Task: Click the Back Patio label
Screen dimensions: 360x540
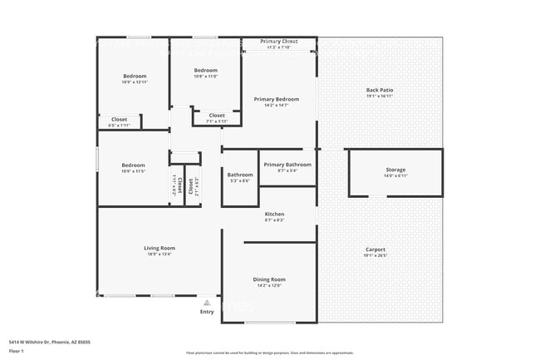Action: tap(380, 90)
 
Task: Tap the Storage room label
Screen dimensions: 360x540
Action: tap(395, 170)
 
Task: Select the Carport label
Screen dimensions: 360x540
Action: tap(376, 249)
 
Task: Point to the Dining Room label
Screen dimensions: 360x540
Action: tap(269, 279)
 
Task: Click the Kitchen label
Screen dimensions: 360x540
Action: tap(274, 215)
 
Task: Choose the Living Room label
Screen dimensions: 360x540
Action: tap(160, 248)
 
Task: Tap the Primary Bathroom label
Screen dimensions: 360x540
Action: tap(287, 165)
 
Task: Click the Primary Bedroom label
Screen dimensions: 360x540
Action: tap(277, 99)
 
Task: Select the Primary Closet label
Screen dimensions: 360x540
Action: tap(278, 42)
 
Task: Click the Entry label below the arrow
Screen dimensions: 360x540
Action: tap(207, 312)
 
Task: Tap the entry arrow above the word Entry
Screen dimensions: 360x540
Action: tap(207, 303)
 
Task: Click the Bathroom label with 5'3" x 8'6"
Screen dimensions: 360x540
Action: tap(240, 175)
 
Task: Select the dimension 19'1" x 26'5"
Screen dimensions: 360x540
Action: tap(376, 256)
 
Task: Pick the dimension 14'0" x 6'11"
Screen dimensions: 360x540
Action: tap(395, 175)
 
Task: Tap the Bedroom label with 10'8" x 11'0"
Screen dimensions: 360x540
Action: tap(205, 71)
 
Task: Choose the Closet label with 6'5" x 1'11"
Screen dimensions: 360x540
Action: tap(120, 120)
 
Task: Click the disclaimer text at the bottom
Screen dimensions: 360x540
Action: tap(270, 352)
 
